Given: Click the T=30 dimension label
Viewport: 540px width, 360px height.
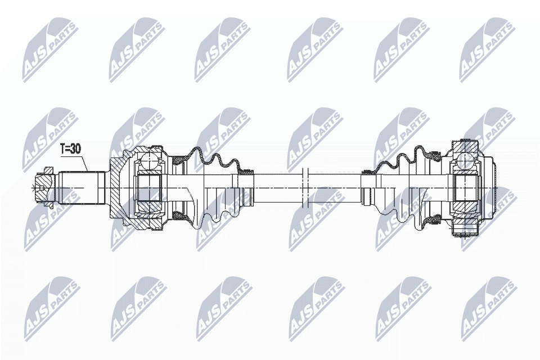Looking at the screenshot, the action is [71, 148].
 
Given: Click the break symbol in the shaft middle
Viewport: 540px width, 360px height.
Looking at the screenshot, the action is [304, 188].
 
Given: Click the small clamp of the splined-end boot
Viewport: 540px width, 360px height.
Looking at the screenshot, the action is [246, 171].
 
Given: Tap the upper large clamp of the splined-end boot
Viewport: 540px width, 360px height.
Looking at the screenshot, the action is [178, 160].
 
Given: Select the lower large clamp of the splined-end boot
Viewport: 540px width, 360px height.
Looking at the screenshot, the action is [178, 216].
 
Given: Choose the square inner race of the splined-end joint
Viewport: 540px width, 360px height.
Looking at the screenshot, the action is [150, 188].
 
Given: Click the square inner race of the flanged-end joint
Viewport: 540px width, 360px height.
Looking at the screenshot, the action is [465, 188].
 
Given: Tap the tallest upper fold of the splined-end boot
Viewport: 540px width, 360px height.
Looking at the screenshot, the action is [196, 154].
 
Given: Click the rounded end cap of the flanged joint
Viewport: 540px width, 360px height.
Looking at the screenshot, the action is [493, 188].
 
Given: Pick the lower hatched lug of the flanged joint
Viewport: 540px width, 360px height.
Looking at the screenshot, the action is [465, 229].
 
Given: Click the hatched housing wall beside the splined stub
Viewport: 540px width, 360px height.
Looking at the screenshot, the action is [115, 188].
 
